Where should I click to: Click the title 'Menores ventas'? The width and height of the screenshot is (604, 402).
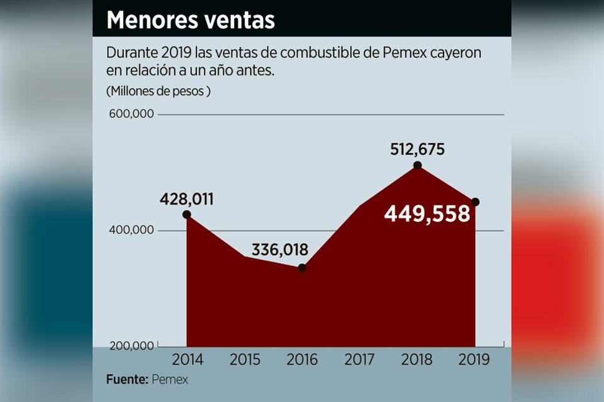191,19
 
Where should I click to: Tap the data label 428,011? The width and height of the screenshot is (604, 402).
186,200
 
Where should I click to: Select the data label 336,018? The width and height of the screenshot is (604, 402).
280,250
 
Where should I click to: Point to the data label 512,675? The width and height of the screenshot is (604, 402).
417,149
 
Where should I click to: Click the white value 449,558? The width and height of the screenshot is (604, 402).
427,214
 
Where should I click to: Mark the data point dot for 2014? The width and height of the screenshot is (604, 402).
187,215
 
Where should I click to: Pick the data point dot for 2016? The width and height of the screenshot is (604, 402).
302,268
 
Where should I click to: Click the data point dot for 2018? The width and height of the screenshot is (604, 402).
417,165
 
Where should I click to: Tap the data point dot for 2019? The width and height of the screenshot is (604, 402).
475,202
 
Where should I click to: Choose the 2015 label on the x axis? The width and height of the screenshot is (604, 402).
244,360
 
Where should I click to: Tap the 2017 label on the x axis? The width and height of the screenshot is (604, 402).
360,360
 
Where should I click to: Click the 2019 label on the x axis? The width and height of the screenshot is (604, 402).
473,360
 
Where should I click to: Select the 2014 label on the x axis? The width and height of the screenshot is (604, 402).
187,360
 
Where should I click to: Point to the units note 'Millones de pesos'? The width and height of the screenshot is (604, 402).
159,90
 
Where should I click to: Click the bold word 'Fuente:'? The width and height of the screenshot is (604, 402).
126,380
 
